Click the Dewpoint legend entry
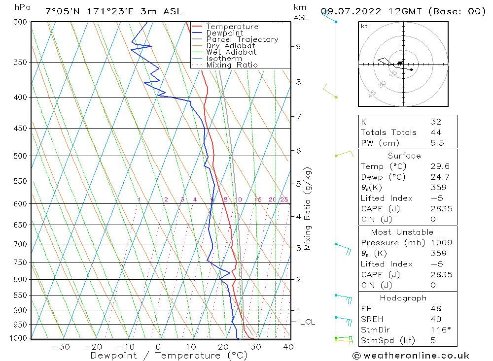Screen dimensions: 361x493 [x=224, y=33]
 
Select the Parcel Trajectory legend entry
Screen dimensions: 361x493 [x=242, y=39]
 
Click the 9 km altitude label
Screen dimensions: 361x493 [x=298, y=46]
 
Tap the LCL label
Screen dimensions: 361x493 [x=307, y=322]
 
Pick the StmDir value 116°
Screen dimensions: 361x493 [x=437, y=330]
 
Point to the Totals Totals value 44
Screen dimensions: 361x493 [x=435, y=132]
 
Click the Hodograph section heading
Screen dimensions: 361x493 [x=403, y=298]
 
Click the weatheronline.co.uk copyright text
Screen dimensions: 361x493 [x=411, y=356]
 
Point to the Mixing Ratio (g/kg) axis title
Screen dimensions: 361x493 [x=308, y=208]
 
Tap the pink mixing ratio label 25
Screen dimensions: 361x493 [x=284, y=199]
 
